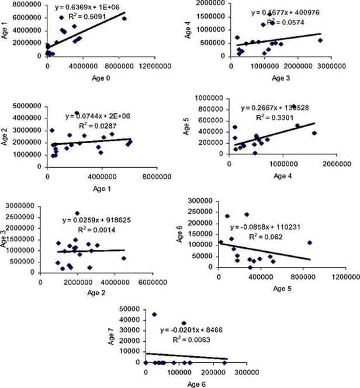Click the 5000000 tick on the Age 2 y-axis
coord(30,105)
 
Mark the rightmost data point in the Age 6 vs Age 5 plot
coord(310,243)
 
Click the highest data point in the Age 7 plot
coord(154,314)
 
